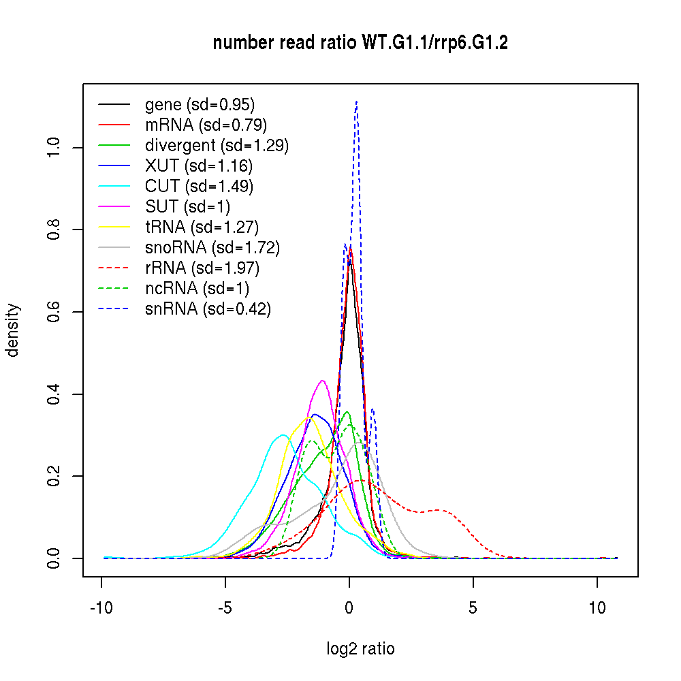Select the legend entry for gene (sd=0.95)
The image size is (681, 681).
[x=200, y=105]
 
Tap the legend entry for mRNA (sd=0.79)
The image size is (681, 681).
[x=206, y=125]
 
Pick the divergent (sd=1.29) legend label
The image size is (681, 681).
[x=217, y=146]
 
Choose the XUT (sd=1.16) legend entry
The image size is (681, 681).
[x=198, y=166]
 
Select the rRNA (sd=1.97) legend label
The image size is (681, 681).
[x=202, y=268]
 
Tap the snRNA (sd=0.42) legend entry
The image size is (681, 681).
[x=208, y=309]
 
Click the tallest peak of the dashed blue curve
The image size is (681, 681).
[x=356, y=102]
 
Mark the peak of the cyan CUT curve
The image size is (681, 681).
[x=283, y=434]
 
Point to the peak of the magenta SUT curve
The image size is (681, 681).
[x=322, y=381]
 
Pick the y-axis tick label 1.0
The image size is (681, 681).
[x=54, y=148]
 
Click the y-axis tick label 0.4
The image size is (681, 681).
[x=54, y=394]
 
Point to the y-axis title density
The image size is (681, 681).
[x=14, y=330]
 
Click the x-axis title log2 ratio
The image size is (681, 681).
[x=360, y=649]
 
